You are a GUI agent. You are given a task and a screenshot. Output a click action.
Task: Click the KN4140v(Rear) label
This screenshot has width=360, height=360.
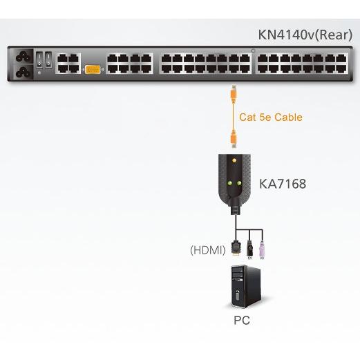[305, 35]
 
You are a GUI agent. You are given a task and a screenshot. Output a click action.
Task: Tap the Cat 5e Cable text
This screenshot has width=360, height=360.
[271, 117]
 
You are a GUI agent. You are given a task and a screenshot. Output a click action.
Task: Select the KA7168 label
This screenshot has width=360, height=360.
[283, 184]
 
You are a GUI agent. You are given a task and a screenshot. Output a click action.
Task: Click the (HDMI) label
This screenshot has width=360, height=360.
[208, 250]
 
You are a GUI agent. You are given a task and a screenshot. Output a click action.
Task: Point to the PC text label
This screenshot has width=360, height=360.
[242, 321]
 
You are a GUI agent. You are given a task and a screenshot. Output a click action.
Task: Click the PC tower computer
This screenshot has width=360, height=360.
[246, 286]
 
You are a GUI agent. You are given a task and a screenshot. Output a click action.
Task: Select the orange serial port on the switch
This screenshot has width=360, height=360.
[93, 70]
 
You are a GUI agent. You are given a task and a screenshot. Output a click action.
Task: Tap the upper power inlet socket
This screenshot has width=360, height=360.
[23, 57]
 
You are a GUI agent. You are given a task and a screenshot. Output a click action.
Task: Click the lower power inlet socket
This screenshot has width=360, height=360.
[23, 72]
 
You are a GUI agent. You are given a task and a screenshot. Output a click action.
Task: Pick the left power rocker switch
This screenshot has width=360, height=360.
[39, 60]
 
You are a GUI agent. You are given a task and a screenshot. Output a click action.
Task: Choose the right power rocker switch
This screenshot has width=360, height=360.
[48, 60]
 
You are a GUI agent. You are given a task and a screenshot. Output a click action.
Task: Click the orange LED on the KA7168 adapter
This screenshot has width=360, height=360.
[234, 160]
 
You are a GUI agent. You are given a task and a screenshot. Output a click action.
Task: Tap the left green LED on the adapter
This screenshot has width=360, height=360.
[229, 183]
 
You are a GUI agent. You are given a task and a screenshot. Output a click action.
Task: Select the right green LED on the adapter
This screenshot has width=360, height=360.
[239, 183]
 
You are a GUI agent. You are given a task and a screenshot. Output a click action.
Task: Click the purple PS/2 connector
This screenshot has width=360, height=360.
[261, 250]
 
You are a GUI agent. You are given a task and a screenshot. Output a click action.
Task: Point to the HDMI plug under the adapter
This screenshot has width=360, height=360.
[236, 248]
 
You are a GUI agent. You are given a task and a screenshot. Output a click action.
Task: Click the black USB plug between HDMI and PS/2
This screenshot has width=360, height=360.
[249, 249]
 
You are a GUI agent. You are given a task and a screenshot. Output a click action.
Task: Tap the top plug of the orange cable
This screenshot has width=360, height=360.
[234, 94]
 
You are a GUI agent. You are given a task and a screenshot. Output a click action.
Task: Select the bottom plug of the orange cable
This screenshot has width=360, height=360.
[234, 139]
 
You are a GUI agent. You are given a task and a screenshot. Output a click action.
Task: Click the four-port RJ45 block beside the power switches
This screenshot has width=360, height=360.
[68, 64]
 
